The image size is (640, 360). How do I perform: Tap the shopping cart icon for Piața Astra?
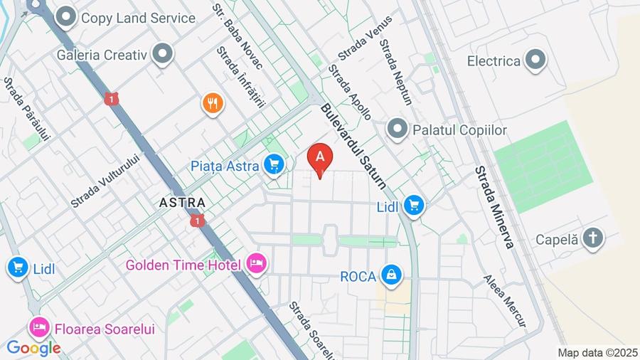coord(273,166)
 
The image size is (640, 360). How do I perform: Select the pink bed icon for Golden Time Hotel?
coord(257,264)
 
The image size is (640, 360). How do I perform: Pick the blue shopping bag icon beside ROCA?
coord(390,275)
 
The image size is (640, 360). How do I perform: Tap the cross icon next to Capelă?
coord(592,238)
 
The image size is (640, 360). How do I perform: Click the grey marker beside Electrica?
coord(535,61)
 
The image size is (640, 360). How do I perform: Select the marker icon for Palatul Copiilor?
coord(397,129)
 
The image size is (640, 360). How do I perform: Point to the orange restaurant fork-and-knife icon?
coord(213,104)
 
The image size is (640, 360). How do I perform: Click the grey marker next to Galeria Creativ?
coord(164,54)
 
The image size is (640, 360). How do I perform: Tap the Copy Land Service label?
coord(138,18)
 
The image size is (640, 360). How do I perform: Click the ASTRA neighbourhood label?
coord(183,203)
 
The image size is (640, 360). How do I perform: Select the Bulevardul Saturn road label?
coord(353,147)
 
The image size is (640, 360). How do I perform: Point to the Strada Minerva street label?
coord(494,207)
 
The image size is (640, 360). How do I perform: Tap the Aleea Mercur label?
coord(505,301)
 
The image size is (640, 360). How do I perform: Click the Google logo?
coord(33,348)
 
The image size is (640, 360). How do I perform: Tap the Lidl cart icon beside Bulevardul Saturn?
coord(413,207)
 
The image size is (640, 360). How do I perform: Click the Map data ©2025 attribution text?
coord(597,353)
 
